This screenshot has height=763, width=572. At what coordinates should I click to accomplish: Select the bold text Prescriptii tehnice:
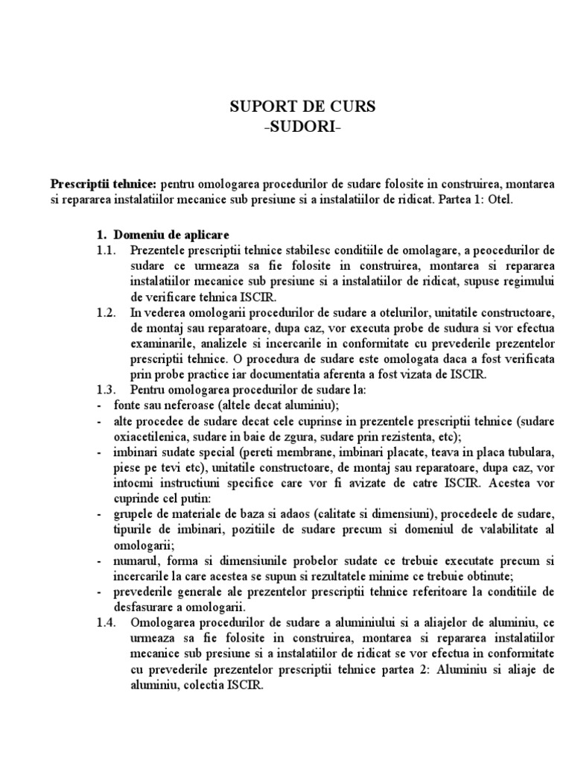click(103, 183)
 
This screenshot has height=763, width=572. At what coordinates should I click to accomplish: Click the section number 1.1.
click(107, 250)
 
